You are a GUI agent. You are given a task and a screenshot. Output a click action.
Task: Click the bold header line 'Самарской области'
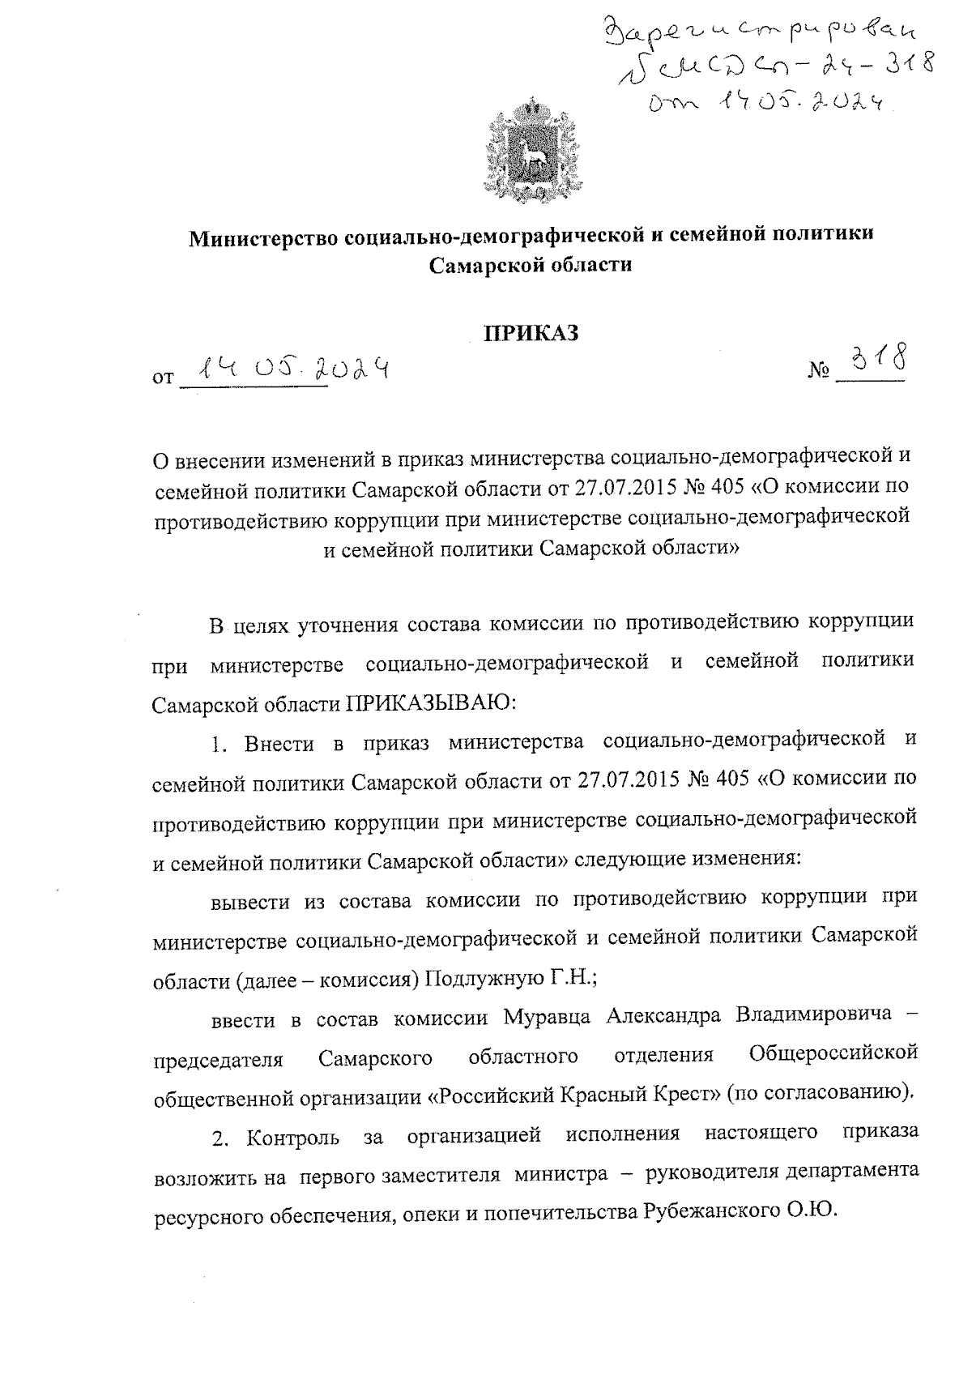(531, 265)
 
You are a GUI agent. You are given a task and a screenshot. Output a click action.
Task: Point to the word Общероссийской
(833, 1054)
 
